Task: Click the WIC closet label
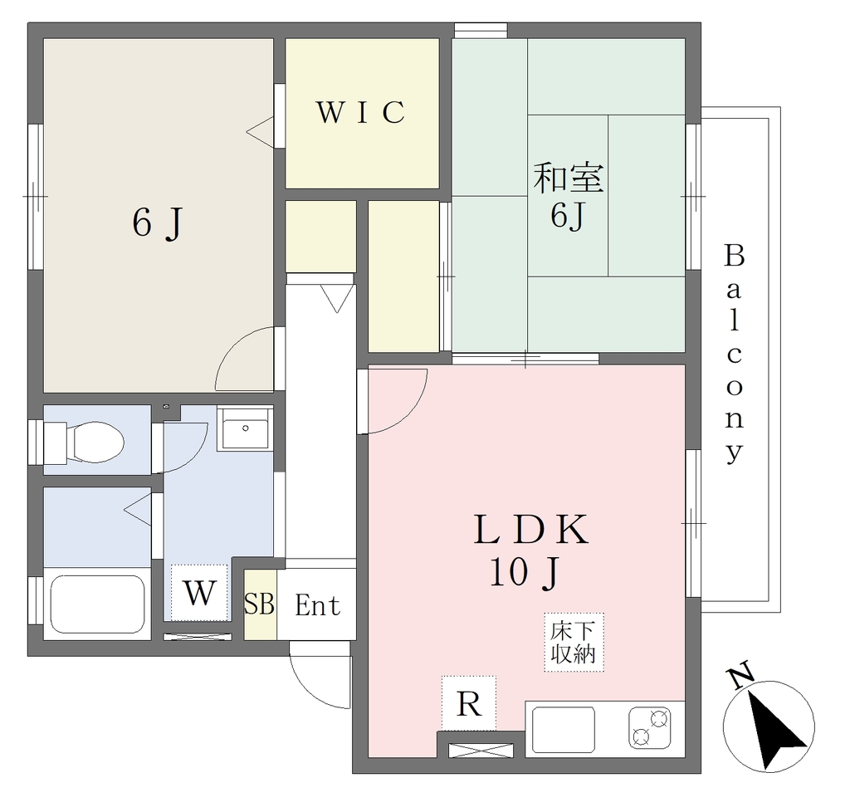(x=360, y=112)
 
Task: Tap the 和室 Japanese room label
(x=568, y=178)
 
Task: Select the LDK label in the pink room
(x=530, y=530)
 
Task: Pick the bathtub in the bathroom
(x=97, y=604)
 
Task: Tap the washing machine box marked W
(x=199, y=593)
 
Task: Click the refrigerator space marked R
(x=469, y=703)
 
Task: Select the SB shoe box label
(x=259, y=604)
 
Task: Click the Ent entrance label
(x=318, y=605)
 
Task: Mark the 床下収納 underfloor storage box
(x=574, y=643)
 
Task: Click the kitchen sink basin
(x=564, y=730)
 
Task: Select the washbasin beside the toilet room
(x=245, y=428)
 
